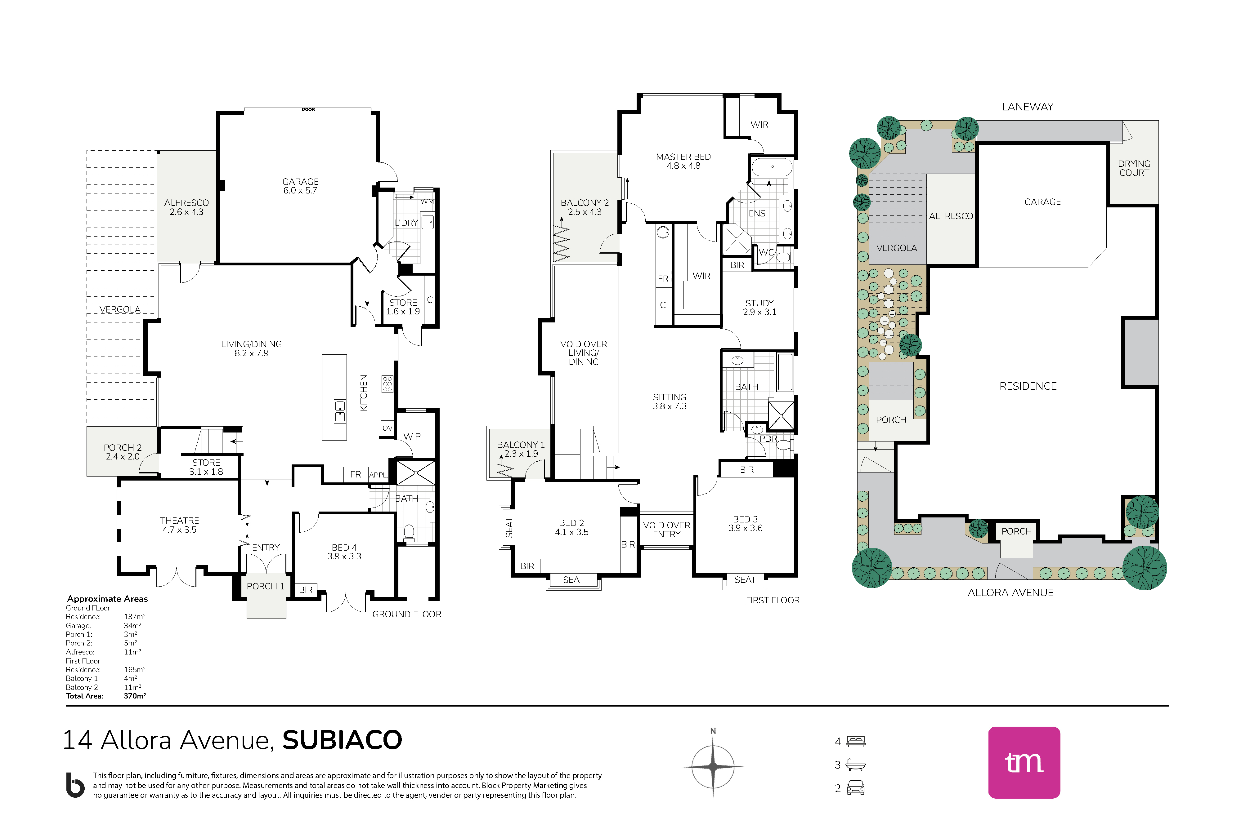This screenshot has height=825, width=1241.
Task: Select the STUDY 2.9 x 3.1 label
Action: pyautogui.click(x=759, y=307)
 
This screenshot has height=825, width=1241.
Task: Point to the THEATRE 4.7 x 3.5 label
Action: pyautogui.click(x=180, y=525)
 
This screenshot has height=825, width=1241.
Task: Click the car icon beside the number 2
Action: pyautogui.click(x=856, y=788)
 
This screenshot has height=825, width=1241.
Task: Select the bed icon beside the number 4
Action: pyautogui.click(x=856, y=741)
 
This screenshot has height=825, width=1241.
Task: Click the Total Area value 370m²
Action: pyautogui.click(x=135, y=696)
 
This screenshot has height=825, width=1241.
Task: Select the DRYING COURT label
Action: pyautogui.click(x=1134, y=168)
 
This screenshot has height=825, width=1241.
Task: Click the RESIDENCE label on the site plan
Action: pyautogui.click(x=1028, y=386)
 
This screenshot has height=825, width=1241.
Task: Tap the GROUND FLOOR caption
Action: pyautogui.click(x=406, y=614)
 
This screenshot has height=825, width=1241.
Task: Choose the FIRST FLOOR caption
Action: pyautogui.click(x=773, y=600)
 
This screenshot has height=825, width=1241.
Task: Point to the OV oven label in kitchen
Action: pyautogui.click(x=388, y=428)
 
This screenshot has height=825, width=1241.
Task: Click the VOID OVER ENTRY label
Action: pyautogui.click(x=666, y=529)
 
